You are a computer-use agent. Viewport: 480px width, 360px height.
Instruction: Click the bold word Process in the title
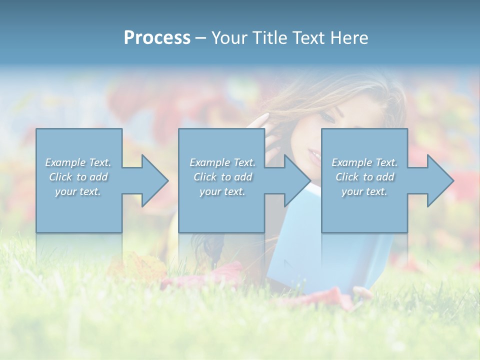click(157, 38)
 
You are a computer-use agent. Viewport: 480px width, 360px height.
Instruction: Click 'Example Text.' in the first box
click(78, 162)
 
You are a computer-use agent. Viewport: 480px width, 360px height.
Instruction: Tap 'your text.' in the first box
click(78, 191)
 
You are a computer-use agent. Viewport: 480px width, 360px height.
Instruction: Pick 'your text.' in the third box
click(364, 191)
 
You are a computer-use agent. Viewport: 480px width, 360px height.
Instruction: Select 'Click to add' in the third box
click(364, 177)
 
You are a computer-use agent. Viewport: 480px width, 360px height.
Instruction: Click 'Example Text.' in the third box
click(364, 162)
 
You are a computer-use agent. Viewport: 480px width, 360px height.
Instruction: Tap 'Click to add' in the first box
click(78, 177)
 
